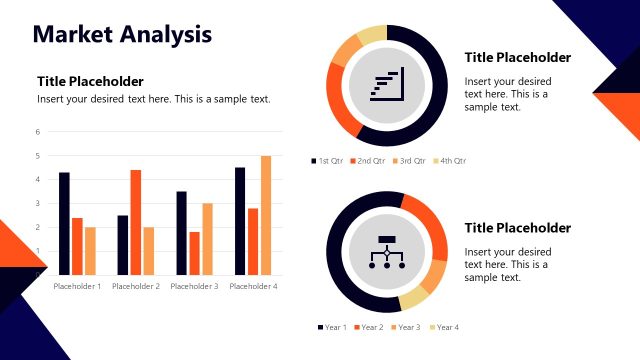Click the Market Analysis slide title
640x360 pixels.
click(122, 35)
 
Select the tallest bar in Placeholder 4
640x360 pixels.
click(266, 215)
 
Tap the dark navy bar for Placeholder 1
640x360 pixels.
click(64, 223)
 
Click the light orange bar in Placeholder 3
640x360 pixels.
click(207, 238)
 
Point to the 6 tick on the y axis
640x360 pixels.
click(37, 132)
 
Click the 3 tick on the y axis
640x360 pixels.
click(37, 204)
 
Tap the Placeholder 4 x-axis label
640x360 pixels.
click(253, 287)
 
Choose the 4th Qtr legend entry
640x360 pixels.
click(452, 160)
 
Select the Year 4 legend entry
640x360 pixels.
click(445, 327)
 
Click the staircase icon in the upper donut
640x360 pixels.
click(387, 85)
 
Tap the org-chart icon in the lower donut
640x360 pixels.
click(387, 251)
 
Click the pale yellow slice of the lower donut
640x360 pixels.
click(413, 298)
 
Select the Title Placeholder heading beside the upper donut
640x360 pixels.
click(517, 57)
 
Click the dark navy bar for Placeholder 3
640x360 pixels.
click(181, 232)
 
